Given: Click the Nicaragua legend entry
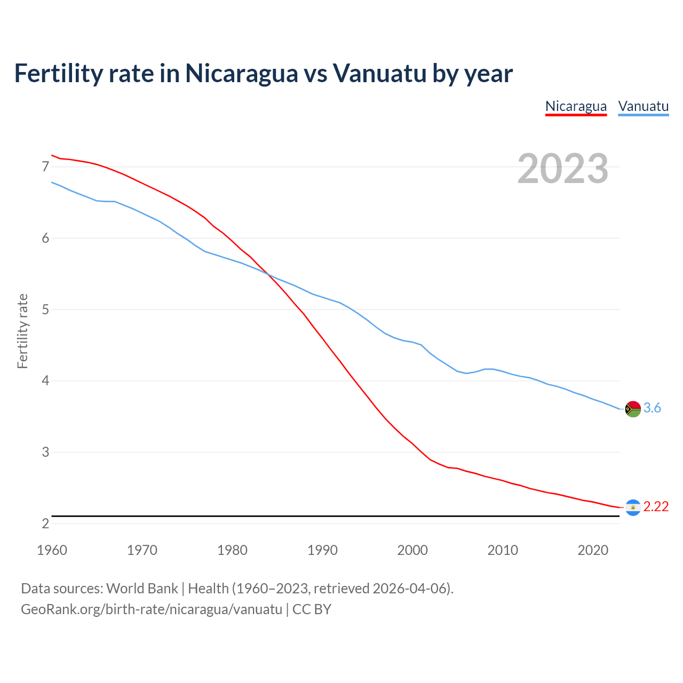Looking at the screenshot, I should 576,106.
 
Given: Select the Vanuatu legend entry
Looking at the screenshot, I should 643,106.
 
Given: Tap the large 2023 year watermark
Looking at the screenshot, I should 562,169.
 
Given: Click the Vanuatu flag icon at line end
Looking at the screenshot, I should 633,409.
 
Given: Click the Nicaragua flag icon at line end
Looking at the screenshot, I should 633,507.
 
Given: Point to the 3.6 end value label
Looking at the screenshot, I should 652,408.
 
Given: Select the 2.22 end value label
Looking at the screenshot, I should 656,507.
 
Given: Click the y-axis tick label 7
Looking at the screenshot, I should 45,167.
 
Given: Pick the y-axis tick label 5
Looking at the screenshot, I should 45,309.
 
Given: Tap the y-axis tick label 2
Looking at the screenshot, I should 45,523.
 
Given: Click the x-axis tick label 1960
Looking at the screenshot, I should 52,550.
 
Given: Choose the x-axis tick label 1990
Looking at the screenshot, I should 322,550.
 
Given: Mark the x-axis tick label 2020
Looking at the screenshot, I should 593,550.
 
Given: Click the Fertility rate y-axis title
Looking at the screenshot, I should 22,331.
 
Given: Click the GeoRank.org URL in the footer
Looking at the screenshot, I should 151,609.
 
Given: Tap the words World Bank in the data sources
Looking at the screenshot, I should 142,589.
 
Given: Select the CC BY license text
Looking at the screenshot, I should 312,609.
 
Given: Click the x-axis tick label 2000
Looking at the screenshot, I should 412,550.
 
